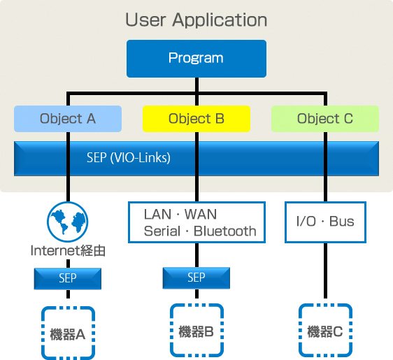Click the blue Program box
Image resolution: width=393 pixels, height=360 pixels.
point(196,59)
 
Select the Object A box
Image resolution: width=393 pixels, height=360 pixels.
point(68,119)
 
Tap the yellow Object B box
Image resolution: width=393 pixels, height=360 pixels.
point(196,119)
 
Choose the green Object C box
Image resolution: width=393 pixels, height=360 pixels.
point(325,119)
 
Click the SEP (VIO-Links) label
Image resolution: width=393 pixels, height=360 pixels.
point(129,158)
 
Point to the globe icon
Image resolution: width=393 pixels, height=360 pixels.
point(68,222)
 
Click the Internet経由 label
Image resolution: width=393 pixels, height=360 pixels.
point(68,250)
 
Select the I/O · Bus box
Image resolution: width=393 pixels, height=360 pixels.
point(325,222)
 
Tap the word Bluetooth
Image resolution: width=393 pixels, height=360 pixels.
point(225,231)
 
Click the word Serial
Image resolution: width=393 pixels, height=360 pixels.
point(162,231)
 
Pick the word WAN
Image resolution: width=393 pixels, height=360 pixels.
point(201,215)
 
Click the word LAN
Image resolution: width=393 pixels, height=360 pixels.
point(157,215)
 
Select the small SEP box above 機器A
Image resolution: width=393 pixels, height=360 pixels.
point(68,279)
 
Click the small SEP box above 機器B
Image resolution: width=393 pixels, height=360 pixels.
point(196,278)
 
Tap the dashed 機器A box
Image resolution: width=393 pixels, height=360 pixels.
point(68,333)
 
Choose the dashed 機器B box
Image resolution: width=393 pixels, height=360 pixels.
point(196,331)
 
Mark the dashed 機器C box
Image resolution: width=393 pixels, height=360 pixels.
point(326,331)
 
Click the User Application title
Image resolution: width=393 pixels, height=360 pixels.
point(196,20)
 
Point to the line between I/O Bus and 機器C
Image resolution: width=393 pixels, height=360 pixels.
point(325,271)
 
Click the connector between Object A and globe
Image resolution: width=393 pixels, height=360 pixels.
point(68,167)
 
